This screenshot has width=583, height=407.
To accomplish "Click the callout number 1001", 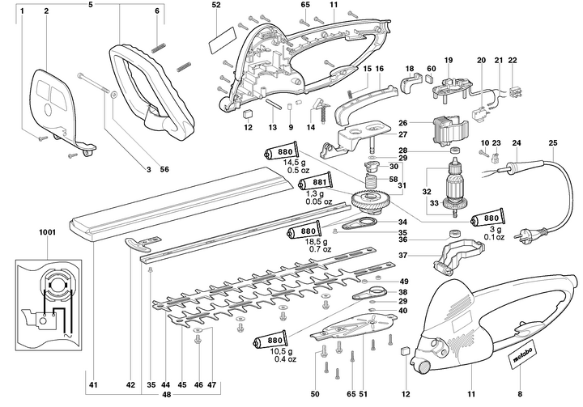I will click(46, 232).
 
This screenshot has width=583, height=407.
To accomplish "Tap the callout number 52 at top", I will click(216, 6).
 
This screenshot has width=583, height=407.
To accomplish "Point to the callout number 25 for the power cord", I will click(553, 145).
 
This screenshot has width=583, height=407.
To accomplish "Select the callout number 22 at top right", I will click(511, 61).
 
